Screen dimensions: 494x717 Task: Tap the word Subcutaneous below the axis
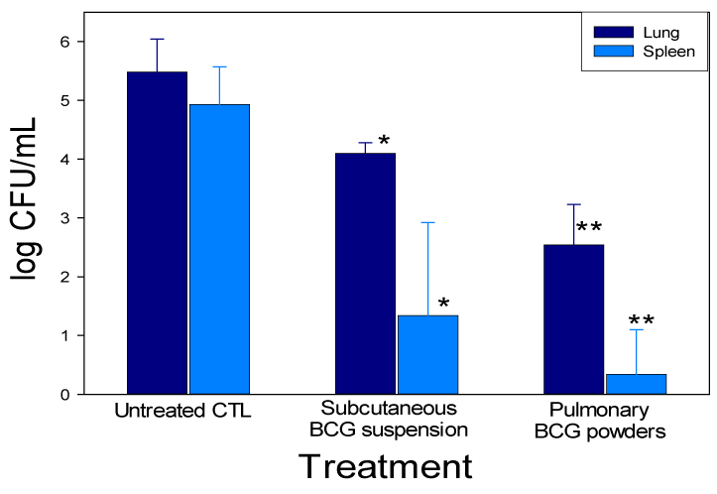click(x=388, y=410)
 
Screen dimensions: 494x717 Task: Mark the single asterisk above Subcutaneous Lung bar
click(x=384, y=142)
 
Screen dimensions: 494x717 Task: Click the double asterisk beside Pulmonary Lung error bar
click(x=589, y=228)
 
